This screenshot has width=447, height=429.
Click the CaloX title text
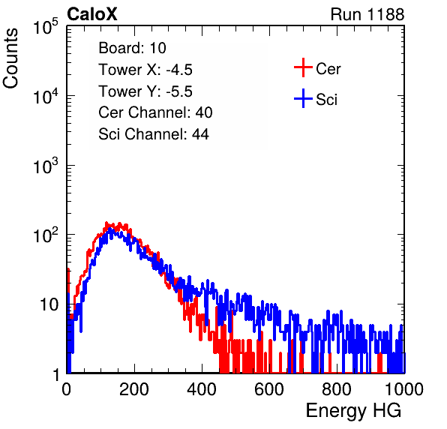[92, 14]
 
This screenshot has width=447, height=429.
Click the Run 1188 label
[367, 14]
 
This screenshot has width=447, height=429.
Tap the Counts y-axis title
[10, 58]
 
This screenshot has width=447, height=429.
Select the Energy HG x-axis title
[353, 411]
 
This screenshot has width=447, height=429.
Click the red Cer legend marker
[303, 67]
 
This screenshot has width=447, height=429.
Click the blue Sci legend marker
[303, 98]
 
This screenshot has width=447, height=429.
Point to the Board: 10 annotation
[132, 47]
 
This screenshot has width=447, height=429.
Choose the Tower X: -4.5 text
[145, 70]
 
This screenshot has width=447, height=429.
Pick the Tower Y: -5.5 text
[145, 91]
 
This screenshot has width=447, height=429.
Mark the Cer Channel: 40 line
[155, 112]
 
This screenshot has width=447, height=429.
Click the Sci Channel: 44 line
[154, 134]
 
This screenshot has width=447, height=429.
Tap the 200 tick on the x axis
[134, 389]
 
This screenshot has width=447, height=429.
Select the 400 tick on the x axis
[202, 389]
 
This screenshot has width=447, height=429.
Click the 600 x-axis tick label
[269, 389]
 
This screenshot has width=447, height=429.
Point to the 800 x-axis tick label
[337, 389]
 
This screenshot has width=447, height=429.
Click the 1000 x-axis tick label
[404, 389]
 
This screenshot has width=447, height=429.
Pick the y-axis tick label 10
[49, 304]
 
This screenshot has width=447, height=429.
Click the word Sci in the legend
[327, 100]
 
